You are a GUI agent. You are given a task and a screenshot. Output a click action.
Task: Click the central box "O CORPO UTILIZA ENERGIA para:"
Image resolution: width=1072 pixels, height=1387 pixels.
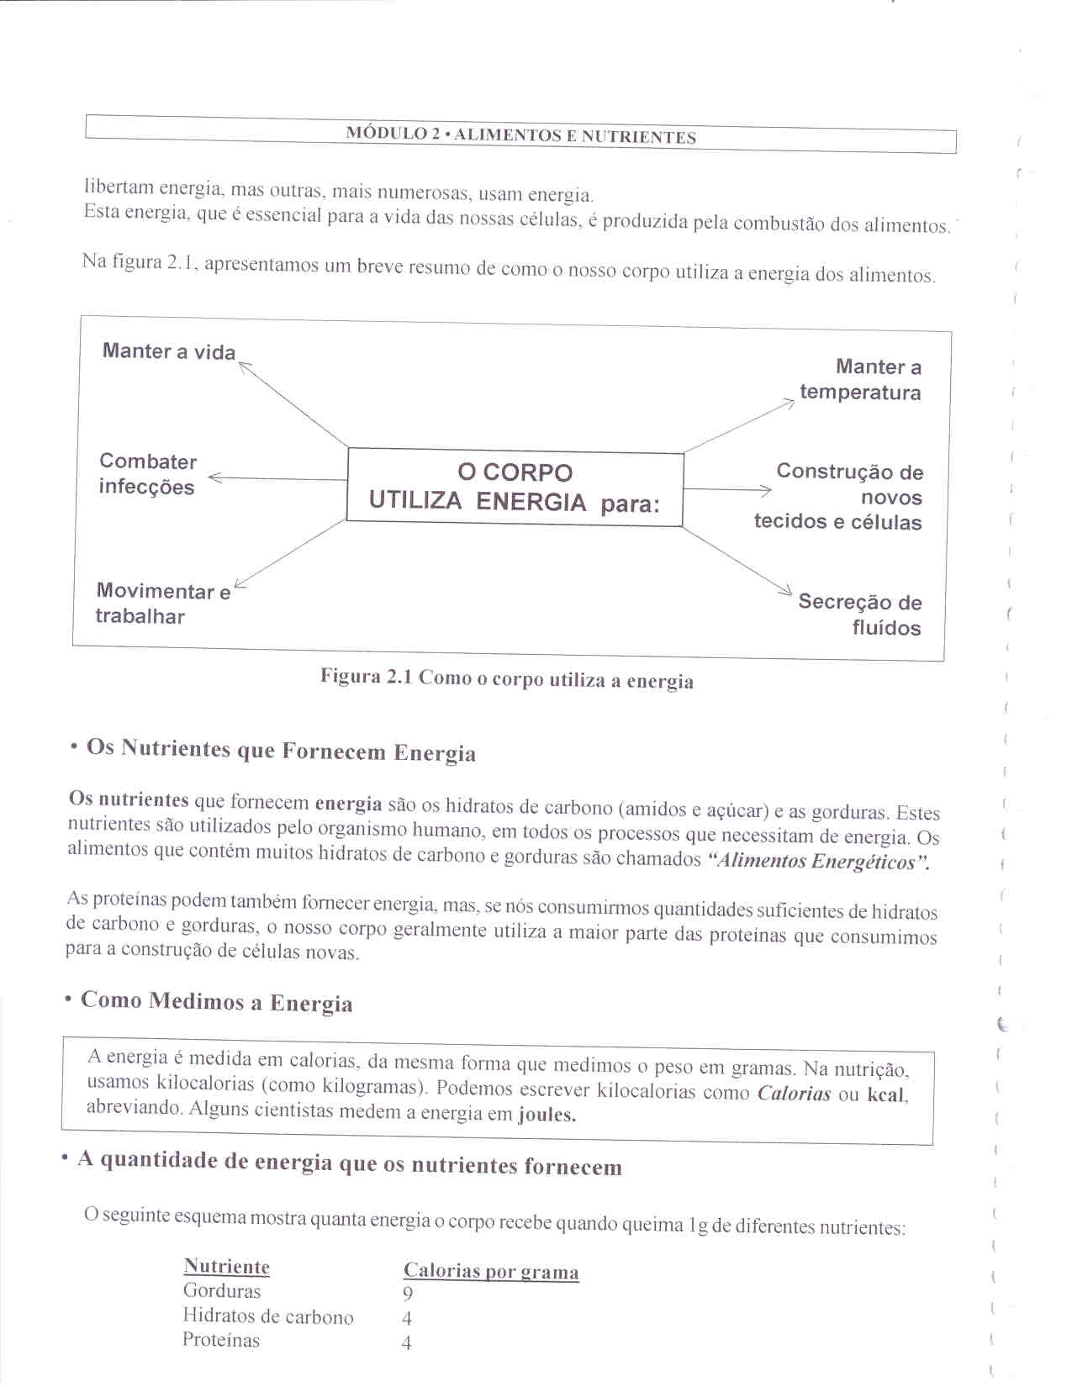coord(515,488)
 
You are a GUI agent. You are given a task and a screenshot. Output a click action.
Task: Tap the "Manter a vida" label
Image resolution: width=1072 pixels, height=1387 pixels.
coord(169,351)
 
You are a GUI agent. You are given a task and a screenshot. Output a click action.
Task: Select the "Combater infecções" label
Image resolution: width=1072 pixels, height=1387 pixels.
coord(147,474)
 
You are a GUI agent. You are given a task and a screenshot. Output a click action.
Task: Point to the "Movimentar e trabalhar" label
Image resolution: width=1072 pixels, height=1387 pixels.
coord(162,604)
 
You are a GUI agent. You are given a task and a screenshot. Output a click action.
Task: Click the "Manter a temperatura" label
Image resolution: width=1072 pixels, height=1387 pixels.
coord(860,380)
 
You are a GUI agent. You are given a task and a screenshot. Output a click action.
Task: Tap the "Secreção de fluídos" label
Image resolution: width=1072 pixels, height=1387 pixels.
coord(859,614)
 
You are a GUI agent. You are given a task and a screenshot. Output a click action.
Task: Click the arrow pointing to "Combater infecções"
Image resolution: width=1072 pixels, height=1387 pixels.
coord(277,479)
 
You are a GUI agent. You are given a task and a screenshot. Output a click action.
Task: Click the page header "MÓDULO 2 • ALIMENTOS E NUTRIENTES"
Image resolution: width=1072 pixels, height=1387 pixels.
coord(520,136)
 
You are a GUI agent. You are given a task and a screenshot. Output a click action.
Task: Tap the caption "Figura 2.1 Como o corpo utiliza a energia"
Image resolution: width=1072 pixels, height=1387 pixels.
coord(506,679)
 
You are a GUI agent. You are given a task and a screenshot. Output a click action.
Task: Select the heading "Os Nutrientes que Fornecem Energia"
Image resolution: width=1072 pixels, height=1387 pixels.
coord(281,750)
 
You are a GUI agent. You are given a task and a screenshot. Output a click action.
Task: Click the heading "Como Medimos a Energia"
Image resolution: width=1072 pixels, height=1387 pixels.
coord(216,1002)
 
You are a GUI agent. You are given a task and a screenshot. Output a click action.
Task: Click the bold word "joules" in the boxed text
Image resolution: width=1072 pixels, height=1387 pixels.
coord(547,1115)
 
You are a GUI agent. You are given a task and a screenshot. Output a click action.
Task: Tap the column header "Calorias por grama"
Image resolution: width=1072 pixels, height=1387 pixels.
coord(491,1271)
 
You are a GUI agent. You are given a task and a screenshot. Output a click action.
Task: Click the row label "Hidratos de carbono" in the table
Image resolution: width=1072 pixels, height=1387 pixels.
coord(267,1317)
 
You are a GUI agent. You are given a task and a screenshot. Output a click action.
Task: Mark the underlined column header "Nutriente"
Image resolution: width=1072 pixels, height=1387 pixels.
coord(226,1267)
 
